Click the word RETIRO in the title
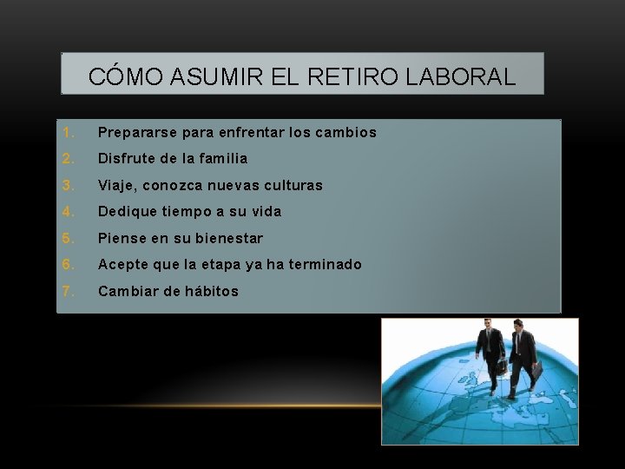pyautogui.click(x=340, y=76)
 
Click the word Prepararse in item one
pyautogui.click(x=133, y=133)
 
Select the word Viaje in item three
pyautogui.click(x=117, y=186)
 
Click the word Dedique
pyautogui.click(x=127, y=212)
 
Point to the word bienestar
pyautogui.click(x=228, y=238)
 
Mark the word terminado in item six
pyautogui.click(x=326, y=264)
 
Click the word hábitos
pyautogui.click(x=211, y=291)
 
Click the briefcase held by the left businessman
pyautogui.click(x=502, y=366)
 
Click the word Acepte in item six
pyautogui.click(x=122, y=264)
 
